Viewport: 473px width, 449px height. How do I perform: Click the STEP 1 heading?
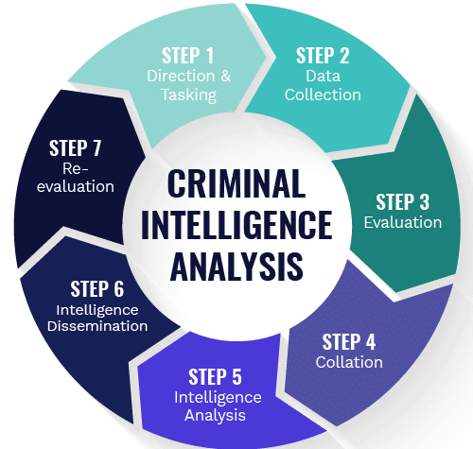188,56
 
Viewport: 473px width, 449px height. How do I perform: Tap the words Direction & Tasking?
189,85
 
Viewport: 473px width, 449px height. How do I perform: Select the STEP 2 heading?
323,56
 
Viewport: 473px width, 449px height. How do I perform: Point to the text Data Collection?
323,85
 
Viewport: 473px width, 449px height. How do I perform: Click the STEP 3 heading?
403,202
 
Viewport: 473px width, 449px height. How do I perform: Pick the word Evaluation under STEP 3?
403,222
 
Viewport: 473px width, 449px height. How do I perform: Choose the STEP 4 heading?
349,342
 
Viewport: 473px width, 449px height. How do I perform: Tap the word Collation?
349,362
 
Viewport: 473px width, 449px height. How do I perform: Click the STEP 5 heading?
215,377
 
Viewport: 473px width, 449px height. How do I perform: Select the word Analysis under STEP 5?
215,415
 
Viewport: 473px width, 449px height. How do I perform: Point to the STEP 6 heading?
97,289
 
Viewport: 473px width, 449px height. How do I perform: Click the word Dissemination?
97,326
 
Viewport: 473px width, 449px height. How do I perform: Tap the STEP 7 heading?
75,148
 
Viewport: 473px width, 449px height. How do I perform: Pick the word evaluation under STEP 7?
76,186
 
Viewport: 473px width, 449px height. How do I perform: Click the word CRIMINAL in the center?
236,183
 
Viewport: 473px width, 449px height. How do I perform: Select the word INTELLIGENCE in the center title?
236,225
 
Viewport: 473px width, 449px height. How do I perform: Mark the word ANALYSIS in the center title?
236,267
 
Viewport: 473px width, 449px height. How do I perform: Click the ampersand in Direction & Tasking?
226,76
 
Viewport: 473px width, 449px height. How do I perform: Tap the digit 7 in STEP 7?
96,148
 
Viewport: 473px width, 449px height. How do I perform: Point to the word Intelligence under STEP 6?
97,310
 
